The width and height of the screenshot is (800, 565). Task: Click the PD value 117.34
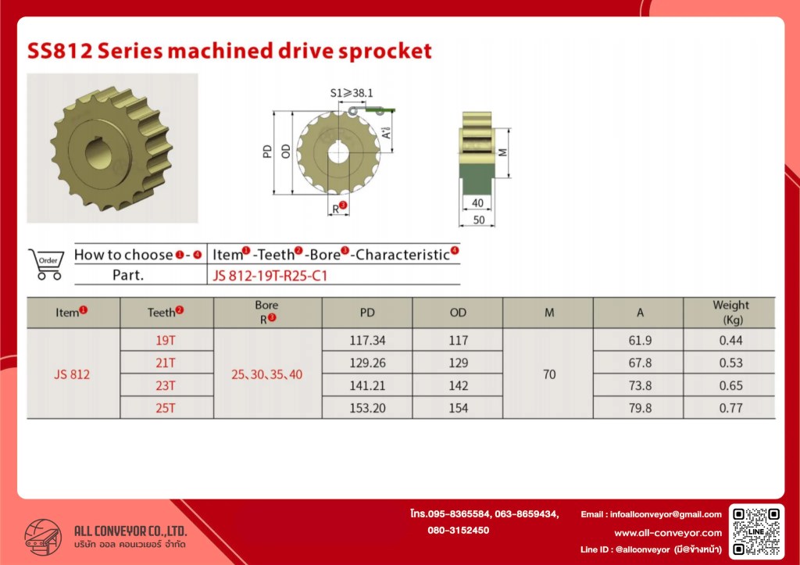pos(367,341)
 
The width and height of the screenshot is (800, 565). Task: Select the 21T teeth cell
pos(166,363)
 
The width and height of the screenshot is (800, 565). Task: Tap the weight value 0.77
pos(730,408)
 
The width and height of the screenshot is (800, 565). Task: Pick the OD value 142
pos(458,385)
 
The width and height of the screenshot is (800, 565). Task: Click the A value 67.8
pos(640,363)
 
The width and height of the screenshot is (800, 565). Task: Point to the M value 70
pos(549,374)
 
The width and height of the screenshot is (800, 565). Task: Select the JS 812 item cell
pos(72,374)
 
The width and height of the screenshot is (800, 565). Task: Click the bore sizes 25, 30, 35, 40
pos(267,374)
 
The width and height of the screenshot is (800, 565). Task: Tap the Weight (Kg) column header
pos(730,313)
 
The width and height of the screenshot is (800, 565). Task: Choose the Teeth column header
pos(166,312)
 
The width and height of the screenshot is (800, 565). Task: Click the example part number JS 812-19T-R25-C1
pos(270,276)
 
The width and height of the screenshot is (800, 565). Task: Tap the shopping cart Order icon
pos(46,264)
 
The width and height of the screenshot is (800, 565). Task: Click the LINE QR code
pos(756,531)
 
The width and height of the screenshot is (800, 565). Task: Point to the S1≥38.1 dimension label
pos(352,93)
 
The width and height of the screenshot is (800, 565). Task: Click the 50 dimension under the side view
pos(479,220)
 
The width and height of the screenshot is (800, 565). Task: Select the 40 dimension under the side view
pos(477,203)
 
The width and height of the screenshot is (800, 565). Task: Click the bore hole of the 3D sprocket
pos(98,153)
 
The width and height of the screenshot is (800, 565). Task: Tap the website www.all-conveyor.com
pos(668,533)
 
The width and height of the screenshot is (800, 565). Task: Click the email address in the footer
pos(651,514)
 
